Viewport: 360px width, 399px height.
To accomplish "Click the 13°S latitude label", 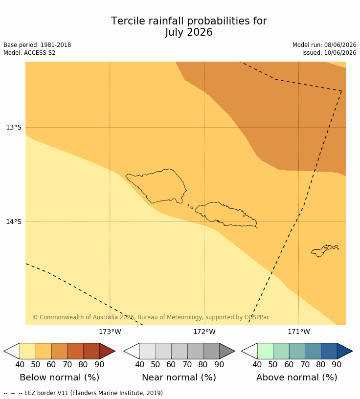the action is [14, 127].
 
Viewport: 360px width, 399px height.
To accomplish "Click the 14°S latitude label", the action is [14, 222].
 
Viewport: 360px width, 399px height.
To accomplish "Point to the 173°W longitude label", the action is [110, 332].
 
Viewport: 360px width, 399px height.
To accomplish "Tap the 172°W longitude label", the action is [204, 332].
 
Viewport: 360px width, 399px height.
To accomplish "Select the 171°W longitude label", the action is [299, 332].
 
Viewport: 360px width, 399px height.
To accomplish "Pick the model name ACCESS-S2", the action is [40, 53].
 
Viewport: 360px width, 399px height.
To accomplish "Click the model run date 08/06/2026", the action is [340, 45].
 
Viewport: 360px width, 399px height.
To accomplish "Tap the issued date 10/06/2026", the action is [340, 53].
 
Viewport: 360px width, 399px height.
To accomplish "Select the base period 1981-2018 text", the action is [56, 45].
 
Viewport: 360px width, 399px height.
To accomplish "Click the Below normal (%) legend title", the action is [60, 377].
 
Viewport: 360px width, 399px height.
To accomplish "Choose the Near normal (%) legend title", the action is [179, 377].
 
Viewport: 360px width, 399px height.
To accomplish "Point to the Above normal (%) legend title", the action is [297, 377].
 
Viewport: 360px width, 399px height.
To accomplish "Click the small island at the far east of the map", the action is [324, 251].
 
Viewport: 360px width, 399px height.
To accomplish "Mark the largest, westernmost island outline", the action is [157, 186].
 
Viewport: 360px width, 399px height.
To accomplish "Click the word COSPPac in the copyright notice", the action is [257, 317].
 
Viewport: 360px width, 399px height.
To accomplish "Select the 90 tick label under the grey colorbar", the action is [219, 364].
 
